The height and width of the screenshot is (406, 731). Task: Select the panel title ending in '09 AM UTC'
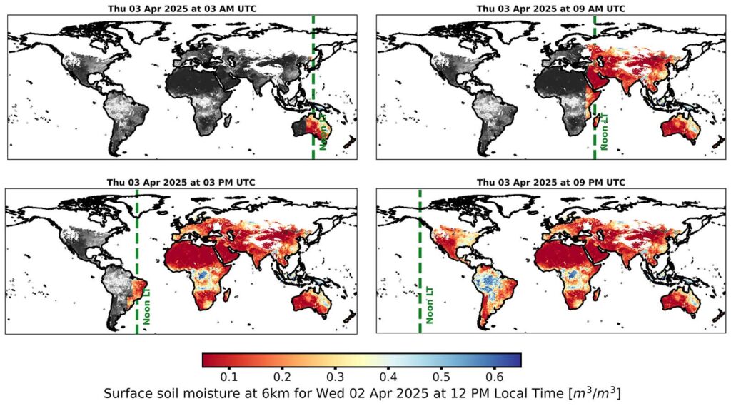550,9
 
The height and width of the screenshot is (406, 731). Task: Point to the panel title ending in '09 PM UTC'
550,183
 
